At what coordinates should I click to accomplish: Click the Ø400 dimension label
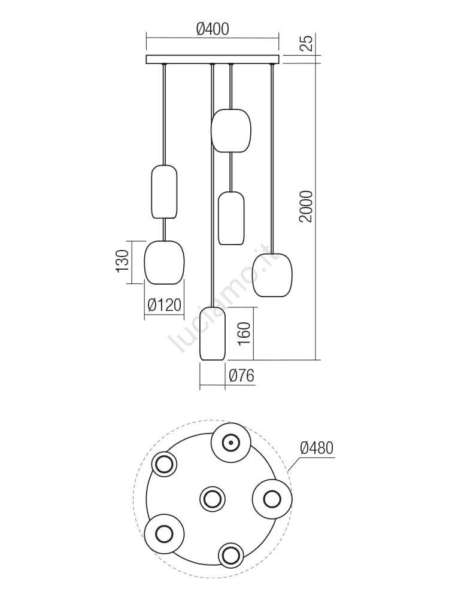point(213,29)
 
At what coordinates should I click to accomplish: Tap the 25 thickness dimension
point(307,42)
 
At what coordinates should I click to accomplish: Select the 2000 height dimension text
point(307,206)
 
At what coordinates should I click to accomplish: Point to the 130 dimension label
point(122,261)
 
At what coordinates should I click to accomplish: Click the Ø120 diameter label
point(164,305)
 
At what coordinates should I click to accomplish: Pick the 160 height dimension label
point(244,333)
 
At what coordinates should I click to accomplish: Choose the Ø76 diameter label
point(241,376)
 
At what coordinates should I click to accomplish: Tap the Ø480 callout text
point(317,448)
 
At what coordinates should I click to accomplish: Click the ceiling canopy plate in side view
point(213,59)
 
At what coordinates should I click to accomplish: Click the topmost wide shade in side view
point(231,130)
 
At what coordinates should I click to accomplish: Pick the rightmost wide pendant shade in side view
point(272,275)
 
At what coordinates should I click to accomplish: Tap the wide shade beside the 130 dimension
point(164,263)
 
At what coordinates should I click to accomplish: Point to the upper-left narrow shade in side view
point(164,192)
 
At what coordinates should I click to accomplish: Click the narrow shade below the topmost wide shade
point(231,218)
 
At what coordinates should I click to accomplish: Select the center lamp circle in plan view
point(213,499)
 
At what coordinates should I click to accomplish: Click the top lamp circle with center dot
point(231,443)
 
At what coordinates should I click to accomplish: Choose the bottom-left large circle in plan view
point(164,533)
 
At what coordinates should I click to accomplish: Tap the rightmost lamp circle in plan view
point(272,499)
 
